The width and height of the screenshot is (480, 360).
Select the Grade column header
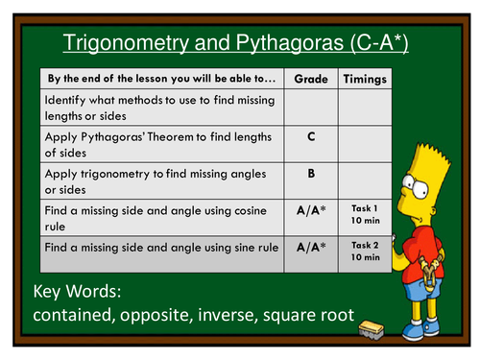coord(310,78)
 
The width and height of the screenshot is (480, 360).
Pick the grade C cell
coord(310,136)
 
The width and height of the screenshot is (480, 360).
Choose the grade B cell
coord(310,175)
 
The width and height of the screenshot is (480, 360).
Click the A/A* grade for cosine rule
coord(310,211)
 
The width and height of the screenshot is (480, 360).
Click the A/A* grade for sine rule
coord(310,248)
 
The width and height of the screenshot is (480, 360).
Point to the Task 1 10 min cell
coord(366,212)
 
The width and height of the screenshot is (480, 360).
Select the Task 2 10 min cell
coord(366,251)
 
